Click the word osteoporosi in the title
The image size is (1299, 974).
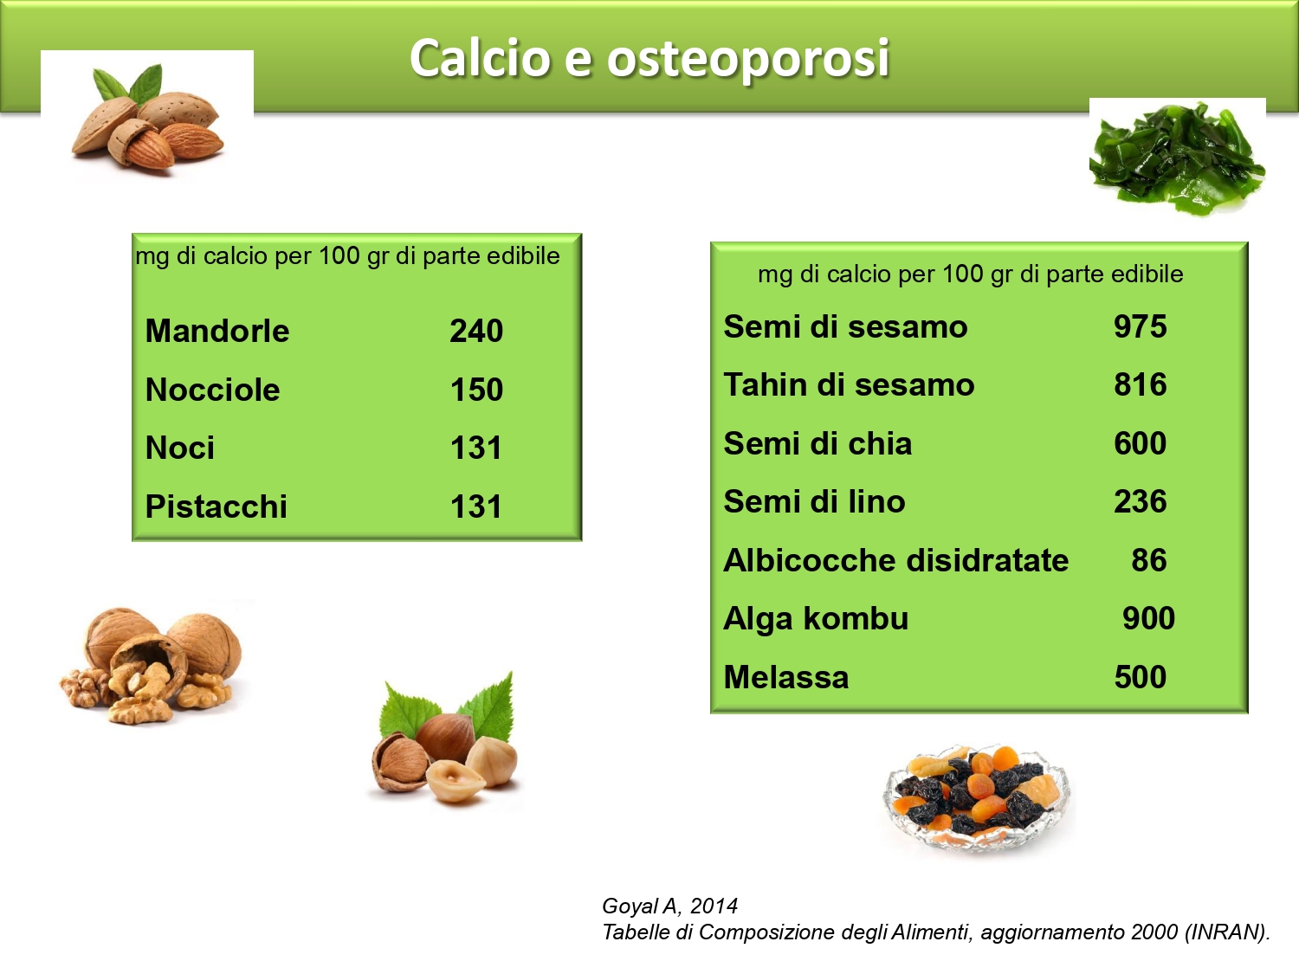click(747, 60)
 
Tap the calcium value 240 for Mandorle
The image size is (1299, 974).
click(476, 331)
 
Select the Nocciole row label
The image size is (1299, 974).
click(212, 390)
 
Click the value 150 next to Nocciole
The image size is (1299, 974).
click(476, 390)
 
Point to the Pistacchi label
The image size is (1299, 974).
click(216, 506)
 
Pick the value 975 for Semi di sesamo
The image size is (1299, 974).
click(1141, 326)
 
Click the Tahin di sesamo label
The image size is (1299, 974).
click(849, 384)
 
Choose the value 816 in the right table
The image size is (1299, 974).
click(1141, 384)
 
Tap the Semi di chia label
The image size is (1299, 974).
click(818, 443)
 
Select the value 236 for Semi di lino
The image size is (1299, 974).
click(1141, 501)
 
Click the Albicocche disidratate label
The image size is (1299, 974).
click(896, 560)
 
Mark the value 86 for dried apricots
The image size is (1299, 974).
click(1149, 560)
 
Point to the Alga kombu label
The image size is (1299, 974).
click(816, 618)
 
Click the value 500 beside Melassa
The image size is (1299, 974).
click(1141, 677)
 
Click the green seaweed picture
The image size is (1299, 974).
click(1177, 158)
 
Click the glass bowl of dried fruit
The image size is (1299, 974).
click(977, 797)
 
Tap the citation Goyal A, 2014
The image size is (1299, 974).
click(669, 906)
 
